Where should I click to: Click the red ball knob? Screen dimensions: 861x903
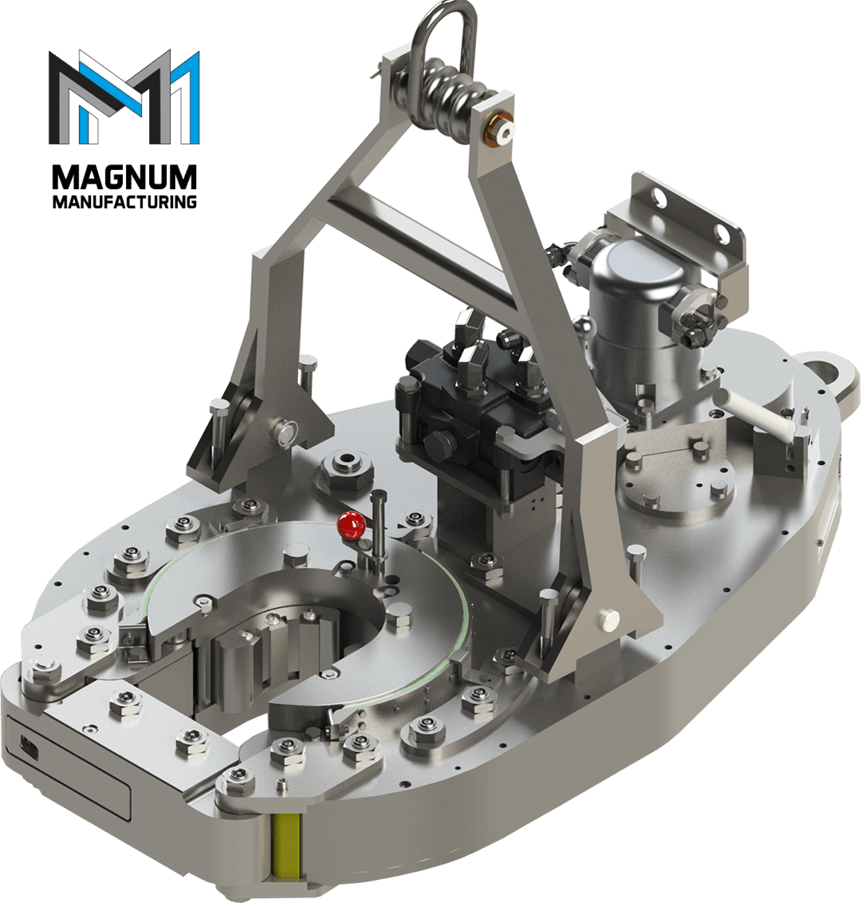[x=351, y=526]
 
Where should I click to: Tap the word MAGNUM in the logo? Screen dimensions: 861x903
[x=124, y=177]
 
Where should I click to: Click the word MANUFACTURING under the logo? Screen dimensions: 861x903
[x=124, y=202]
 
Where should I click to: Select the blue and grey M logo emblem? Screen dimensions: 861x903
[x=124, y=97]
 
